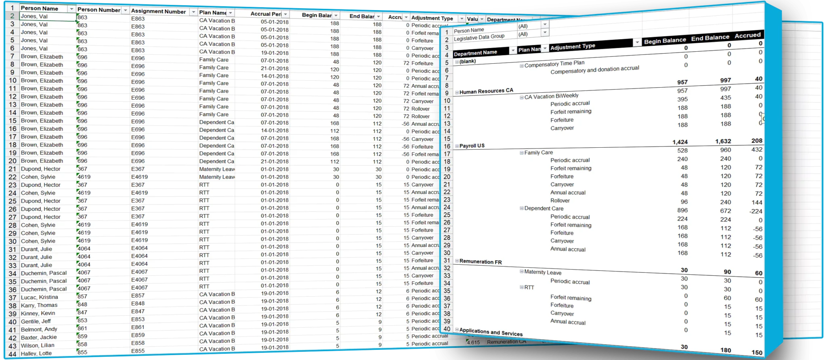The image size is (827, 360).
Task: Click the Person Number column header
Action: tap(99, 10)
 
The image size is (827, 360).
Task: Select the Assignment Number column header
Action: tap(158, 12)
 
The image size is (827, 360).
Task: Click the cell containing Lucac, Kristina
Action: tap(40, 297)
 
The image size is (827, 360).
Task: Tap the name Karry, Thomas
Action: tap(39, 305)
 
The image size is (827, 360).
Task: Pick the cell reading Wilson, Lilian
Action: tap(38, 345)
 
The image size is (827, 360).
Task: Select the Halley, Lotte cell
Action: tap(36, 353)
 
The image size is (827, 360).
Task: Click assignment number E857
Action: tap(138, 295)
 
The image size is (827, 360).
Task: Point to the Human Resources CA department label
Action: tap(486, 91)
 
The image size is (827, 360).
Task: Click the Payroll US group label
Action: tap(472, 146)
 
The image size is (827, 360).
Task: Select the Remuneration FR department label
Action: tap(481, 262)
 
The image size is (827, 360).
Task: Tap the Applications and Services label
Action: tap(491, 332)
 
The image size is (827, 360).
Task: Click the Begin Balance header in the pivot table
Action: tap(665, 40)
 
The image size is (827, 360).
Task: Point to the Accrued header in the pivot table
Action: tap(747, 36)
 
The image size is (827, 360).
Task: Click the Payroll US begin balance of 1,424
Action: tap(680, 142)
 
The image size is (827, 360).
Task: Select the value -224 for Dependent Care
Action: tap(756, 211)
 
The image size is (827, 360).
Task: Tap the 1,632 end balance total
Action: tap(723, 141)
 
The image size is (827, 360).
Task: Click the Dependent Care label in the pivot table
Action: tap(544, 209)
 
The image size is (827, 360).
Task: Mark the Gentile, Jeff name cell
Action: tap(36, 321)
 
